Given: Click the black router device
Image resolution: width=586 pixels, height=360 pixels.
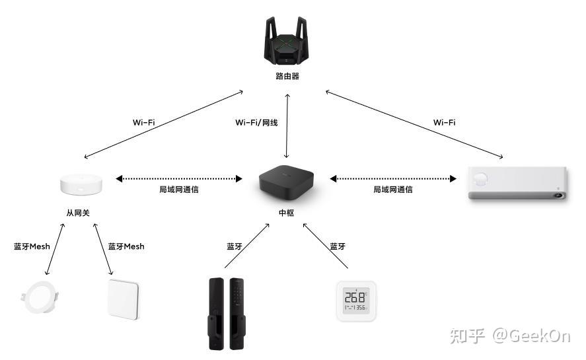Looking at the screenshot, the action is (287, 41).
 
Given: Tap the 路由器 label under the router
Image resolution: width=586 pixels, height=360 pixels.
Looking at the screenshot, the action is (287, 76).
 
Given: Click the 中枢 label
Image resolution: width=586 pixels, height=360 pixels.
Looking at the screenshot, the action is (286, 213).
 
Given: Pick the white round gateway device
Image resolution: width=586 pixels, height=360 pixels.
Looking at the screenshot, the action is (81, 184).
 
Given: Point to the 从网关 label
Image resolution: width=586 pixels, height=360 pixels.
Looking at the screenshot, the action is (78, 213).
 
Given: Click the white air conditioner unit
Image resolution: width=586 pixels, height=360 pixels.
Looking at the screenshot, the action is (517, 183).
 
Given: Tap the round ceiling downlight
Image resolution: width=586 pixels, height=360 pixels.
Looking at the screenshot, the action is (40, 297).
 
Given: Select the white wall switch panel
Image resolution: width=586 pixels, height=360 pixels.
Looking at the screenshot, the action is (124, 299).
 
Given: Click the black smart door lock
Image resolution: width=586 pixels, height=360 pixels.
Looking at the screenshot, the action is (227, 313).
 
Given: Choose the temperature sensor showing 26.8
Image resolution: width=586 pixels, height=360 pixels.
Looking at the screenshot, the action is (356, 301).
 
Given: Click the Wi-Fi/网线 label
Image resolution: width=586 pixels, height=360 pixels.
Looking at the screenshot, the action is (256, 123).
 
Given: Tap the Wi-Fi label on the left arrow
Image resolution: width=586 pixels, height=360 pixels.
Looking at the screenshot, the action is (143, 122).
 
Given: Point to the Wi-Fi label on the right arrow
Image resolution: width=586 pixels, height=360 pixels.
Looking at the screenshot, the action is (445, 122).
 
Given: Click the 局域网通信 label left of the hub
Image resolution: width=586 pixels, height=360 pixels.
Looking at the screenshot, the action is (179, 190).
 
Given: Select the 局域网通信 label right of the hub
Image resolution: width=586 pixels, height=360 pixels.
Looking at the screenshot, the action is (393, 190).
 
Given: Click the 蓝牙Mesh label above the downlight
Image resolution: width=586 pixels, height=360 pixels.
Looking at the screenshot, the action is (32, 246).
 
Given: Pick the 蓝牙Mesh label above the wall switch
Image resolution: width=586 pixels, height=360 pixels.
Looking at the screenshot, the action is (126, 246).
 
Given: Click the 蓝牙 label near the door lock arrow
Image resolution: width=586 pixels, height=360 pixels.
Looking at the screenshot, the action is (235, 246).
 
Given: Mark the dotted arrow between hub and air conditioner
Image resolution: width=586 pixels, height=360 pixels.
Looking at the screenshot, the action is (393, 179).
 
